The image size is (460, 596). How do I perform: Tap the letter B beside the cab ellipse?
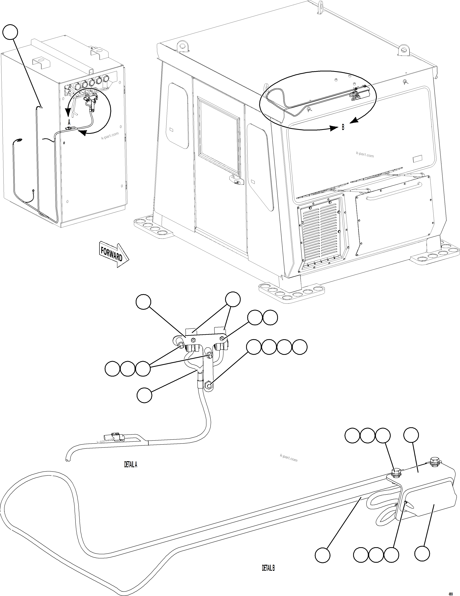point(343,127)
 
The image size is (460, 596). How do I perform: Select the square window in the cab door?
point(219,137)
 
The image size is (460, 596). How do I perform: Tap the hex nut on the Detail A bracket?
point(193,340)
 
